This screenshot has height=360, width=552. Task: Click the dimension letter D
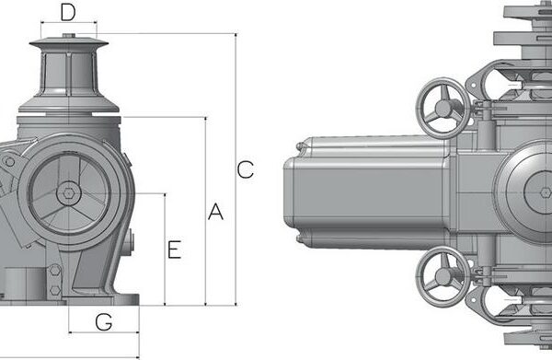click(x=68, y=12)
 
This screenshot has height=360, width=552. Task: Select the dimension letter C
click(x=246, y=169)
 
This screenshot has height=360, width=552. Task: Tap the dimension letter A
click(x=215, y=212)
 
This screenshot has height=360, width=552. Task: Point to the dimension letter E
click(x=175, y=250)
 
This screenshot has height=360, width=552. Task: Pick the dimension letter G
click(x=104, y=322)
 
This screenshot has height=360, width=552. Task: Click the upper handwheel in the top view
click(x=443, y=109)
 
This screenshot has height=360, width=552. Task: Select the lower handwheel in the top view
click(x=443, y=276)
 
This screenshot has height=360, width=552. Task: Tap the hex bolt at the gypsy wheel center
click(x=68, y=193)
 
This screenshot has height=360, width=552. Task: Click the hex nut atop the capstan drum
click(x=69, y=35)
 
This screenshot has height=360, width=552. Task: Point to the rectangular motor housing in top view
click(x=368, y=193)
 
